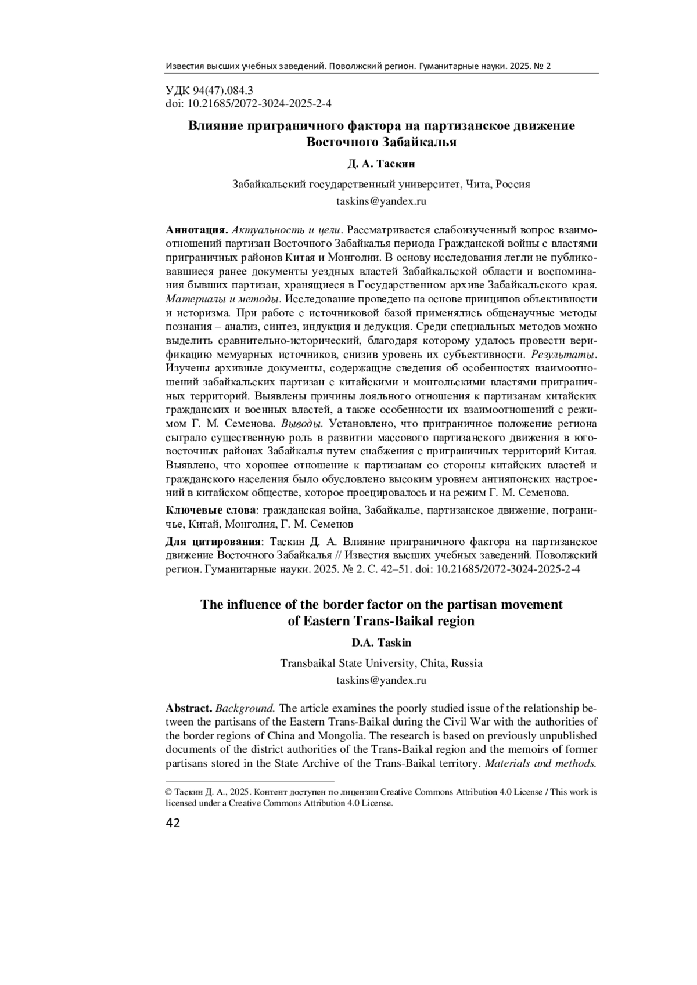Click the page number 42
[x=173, y=822]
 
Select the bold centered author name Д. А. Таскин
[x=381, y=164]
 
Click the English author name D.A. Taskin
[x=381, y=643]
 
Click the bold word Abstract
[x=189, y=708]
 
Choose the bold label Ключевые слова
[x=211, y=510]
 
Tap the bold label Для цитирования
[x=214, y=542]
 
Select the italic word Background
[x=245, y=708]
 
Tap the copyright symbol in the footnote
[x=169, y=792]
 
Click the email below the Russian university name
[x=381, y=201]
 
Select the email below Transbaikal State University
[x=381, y=680]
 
